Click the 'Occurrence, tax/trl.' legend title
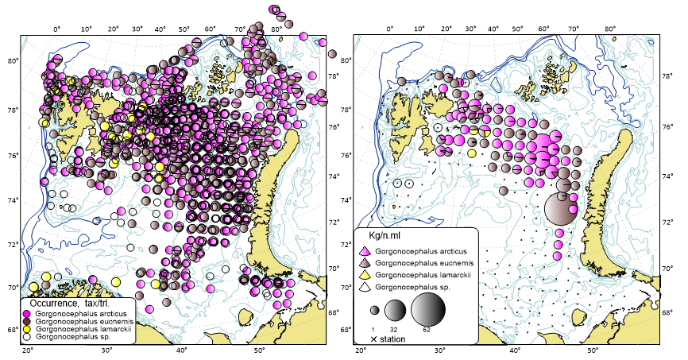click(x=75, y=304)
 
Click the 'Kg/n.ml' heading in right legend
click(x=387, y=237)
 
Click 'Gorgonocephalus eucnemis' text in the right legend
click(x=422, y=263)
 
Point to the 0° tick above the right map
click(x=389, y=29)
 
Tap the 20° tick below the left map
click(x=29, y=350)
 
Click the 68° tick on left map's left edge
click(x=12, y=330)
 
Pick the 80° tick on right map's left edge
click(x=346, y=60)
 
